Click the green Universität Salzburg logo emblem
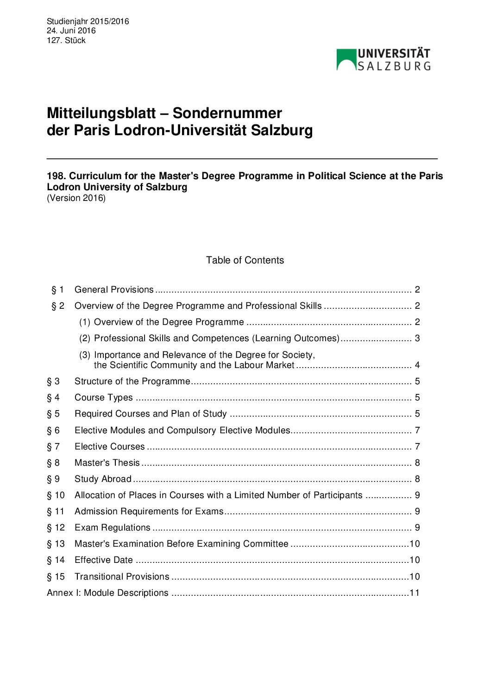(346, 60)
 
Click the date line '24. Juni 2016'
(71, 31)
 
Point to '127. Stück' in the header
(66, 40)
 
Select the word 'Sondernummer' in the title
(227, 113)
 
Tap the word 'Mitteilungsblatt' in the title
(101, 113)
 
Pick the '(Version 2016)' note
(76, 198)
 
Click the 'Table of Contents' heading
(245, 260)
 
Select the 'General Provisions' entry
(114, 290)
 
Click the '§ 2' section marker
(58, 306)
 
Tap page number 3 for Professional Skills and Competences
(417, 338)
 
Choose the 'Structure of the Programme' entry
(132, 381)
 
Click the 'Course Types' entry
(104, 398)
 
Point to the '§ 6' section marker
(53, 431)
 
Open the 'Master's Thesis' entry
(107, 463)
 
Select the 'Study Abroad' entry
(103, 479)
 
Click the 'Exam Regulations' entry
(113, 528)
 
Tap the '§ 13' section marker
(56, 544)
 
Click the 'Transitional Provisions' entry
(122, 577)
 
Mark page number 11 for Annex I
(415, 593)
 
